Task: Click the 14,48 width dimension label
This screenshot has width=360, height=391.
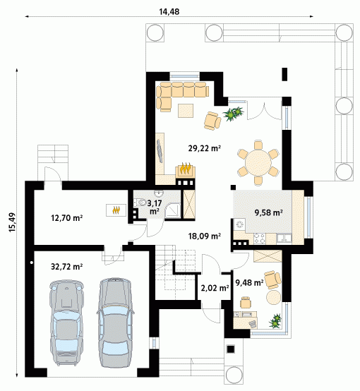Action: (x=169, y=12)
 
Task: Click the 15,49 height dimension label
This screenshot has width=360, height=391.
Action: (x=13, y=222)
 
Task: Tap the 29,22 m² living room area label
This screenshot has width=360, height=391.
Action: (x=204, y=148)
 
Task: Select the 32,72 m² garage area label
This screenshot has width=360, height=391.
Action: (x=67, y=267)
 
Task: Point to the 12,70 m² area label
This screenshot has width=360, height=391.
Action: (x=67, y=218)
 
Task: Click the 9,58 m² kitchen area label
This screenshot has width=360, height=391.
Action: (x=268, y=212)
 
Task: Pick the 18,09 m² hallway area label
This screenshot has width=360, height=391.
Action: (x=204, y=236)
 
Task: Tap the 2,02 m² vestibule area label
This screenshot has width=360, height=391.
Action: (x=215, y=288)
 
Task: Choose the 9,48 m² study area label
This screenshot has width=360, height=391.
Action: (x=249, y=282)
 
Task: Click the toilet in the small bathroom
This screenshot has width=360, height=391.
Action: (x=140, y=203)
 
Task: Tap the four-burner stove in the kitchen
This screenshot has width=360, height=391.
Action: (x=260, y=239)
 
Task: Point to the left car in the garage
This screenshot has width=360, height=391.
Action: (x=66, y=323)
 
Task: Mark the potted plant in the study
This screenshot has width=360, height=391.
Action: (x=275, y=320)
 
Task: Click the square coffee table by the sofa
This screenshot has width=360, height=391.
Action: (x=186, y=111)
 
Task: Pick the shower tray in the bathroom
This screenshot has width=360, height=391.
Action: (x=172, y=211)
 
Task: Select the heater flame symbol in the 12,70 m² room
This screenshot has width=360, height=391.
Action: (x=116, y=210)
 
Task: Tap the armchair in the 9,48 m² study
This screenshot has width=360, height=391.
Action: (x=272, y=279)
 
